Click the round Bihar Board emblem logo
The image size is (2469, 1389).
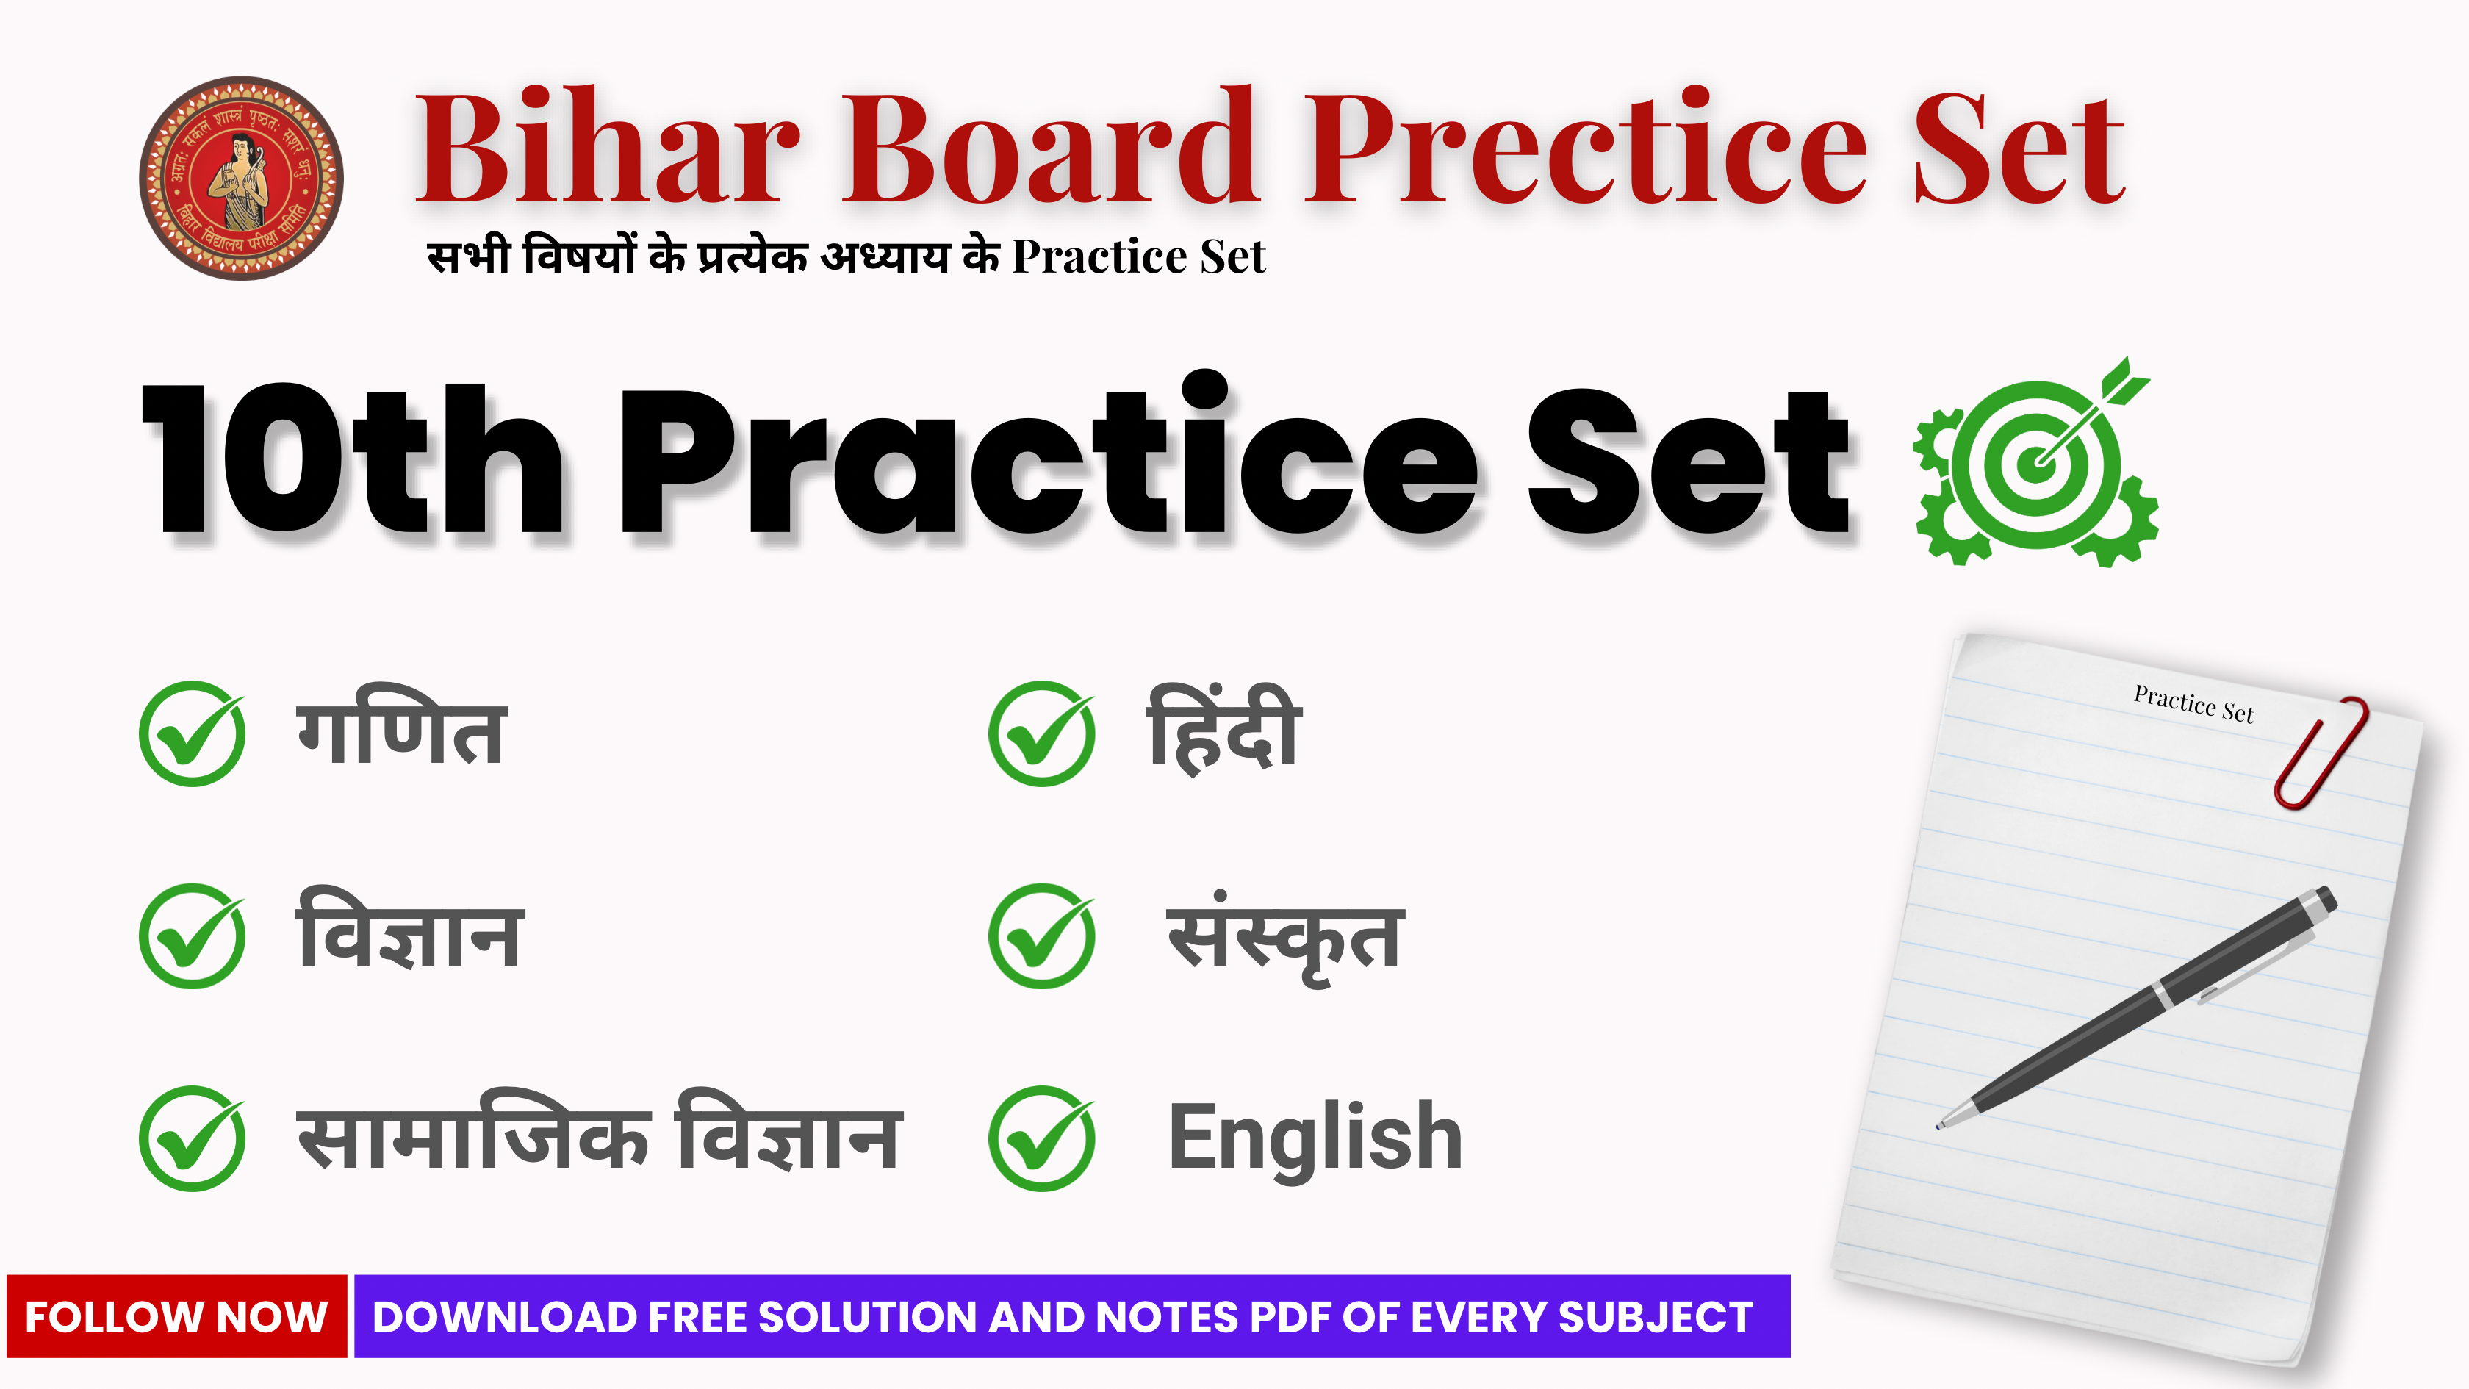(x=242, y=179)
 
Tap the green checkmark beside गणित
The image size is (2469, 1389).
(x=193, y=734)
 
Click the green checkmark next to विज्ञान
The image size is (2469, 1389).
(x=193, y=936)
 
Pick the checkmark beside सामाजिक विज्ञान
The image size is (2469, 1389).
(x=193, y=1139)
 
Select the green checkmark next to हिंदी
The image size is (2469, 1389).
(x=1042, y=734)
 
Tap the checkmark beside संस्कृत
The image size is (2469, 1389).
(x=1042, y=936)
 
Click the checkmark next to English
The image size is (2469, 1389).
(x=1042, y=1139)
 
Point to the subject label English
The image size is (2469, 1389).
(x=1315, y=1139)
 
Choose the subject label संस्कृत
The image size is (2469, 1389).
(x=1284, y=939)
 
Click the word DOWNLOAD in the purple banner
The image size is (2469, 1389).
(x=504, y=1317)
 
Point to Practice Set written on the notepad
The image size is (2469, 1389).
(x=2193, y=705)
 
